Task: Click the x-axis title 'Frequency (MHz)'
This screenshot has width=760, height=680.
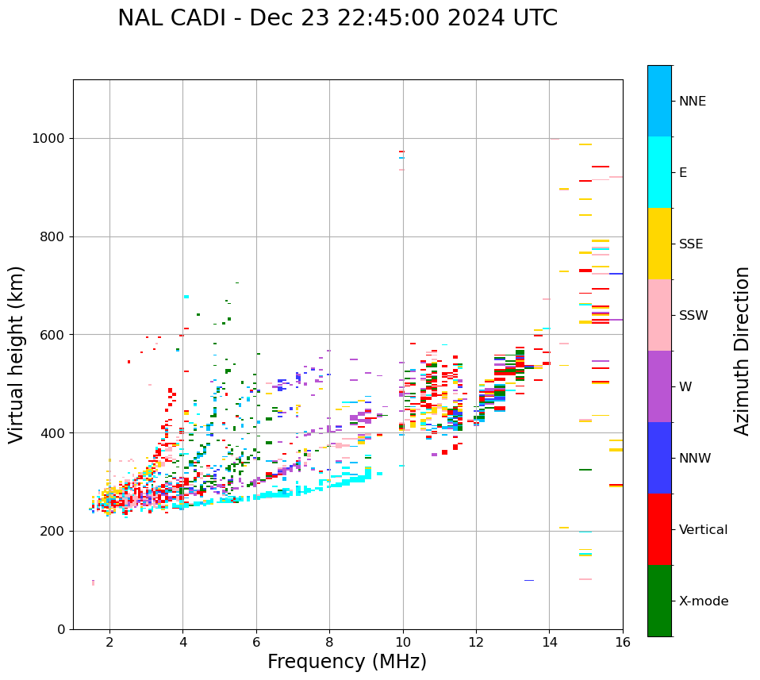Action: click(x=347, y=662)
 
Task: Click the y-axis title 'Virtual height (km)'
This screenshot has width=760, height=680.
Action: click(x=17, y=355)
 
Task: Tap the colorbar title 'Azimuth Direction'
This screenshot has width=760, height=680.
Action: click(x=742, y=351)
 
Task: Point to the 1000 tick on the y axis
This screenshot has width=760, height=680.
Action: click(x=52, y=139)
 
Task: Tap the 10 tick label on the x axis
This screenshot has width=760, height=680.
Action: click(x=403, y=642)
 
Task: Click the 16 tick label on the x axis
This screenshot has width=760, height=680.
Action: click(x=623, y=642)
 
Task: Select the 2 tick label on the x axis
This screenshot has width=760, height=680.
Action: click(x=109, y=642)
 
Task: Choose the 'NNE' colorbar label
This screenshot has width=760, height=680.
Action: click(x=692, y=102)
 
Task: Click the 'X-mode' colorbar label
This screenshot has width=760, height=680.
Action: click(x=703, y=601)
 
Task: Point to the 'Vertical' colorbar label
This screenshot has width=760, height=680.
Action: click(x=703, y=530)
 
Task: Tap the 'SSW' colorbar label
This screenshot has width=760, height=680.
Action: click(x=693, y=316)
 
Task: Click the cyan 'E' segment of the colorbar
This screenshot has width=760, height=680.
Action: click(x=659, y=172)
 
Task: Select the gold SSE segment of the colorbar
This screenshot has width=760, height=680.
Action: click(x=659, y=244)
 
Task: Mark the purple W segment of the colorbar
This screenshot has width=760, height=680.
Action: click(x=659, y=386)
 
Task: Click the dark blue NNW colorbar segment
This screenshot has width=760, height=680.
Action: click(x=659, y=458)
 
